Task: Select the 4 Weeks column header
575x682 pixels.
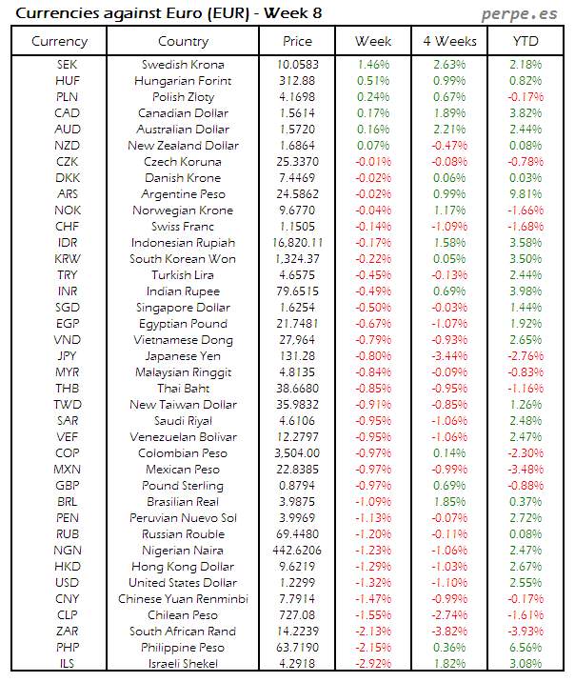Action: coord(448,41)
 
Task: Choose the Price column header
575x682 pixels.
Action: coord(297,41)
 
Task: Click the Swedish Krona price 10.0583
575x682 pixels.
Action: coord(297,65)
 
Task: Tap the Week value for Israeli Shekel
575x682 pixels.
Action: coord(372,664)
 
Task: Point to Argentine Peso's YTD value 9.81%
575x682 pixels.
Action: coord(525,194)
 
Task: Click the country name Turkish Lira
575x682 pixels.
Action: coord(183,275)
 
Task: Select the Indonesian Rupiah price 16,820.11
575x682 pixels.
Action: coord(297,243)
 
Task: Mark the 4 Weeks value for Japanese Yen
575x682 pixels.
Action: coord(448,356)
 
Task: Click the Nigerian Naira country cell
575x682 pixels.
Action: coord(183,551)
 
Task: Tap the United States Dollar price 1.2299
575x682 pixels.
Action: coord(297,583)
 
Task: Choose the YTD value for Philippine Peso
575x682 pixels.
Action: coord(525,648)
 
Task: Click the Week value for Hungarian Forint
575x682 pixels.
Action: coord(372,81)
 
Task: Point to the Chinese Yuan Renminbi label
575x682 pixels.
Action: coord(183,599)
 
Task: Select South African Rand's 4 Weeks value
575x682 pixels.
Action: coord(448,632)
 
